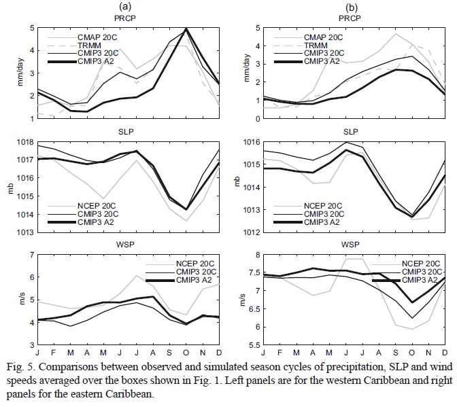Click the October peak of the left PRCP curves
tap(186, 29)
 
